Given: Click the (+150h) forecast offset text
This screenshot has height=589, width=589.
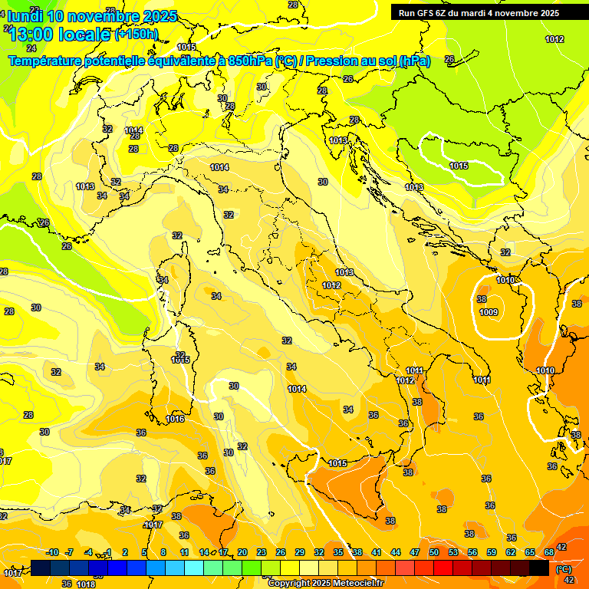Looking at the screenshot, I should pos(137,34).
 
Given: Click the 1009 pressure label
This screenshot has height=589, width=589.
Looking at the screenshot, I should pos(489,312).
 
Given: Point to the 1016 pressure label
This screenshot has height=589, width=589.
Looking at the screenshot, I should pos(175,419).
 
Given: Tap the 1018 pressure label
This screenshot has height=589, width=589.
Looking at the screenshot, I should pos(86,584).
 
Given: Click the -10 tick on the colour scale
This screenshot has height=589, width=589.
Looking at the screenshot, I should pos(52,553).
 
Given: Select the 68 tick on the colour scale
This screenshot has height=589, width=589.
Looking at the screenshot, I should pos(549,553).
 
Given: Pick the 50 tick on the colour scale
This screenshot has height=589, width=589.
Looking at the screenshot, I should pos(434,553).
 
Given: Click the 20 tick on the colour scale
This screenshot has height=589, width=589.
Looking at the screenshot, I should pos(242,553).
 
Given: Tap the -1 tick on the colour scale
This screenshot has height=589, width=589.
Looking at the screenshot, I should pos(108,553).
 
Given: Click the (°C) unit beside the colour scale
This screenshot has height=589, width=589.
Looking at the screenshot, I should pos(564,568).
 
